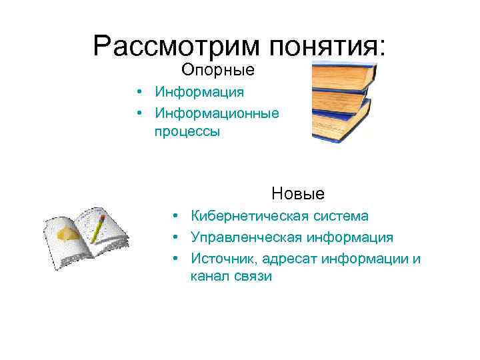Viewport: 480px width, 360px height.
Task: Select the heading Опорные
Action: (x=218, y=69)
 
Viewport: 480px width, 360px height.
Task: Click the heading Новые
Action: (x=298, y=194)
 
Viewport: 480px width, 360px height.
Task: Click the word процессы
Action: (x=187, y=132)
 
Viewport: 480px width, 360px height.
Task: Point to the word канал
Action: (x=209, y=277)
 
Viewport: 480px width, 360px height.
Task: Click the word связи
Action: (x=253, y=277)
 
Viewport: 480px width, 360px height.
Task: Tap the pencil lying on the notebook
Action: (x=98, y=228)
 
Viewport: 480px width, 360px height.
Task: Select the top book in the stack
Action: (x=343, y=75)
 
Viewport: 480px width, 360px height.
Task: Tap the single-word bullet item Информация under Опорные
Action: (x=199, y=91)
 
